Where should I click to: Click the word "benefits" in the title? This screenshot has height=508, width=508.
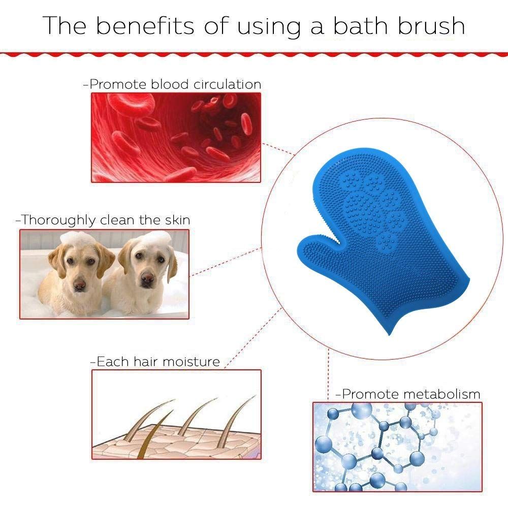[144, 25]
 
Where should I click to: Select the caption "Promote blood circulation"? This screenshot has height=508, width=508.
[172, 84]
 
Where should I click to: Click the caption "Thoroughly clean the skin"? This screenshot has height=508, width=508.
[103, 220]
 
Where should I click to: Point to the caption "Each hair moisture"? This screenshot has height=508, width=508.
[155, 362]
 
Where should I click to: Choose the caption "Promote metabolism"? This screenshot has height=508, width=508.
[408, 394]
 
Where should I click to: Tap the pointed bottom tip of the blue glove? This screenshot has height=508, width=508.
[389, 334]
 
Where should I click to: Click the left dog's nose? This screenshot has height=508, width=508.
[79, 285]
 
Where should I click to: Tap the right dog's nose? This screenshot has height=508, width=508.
[147, 278]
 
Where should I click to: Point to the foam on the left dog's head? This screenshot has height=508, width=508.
[77, 238]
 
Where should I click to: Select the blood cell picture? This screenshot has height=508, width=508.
[176, 137]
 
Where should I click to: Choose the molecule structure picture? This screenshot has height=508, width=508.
[397, 447]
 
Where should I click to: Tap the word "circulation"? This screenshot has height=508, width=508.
[228, 84]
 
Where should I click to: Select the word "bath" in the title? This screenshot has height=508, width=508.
[360, 25]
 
